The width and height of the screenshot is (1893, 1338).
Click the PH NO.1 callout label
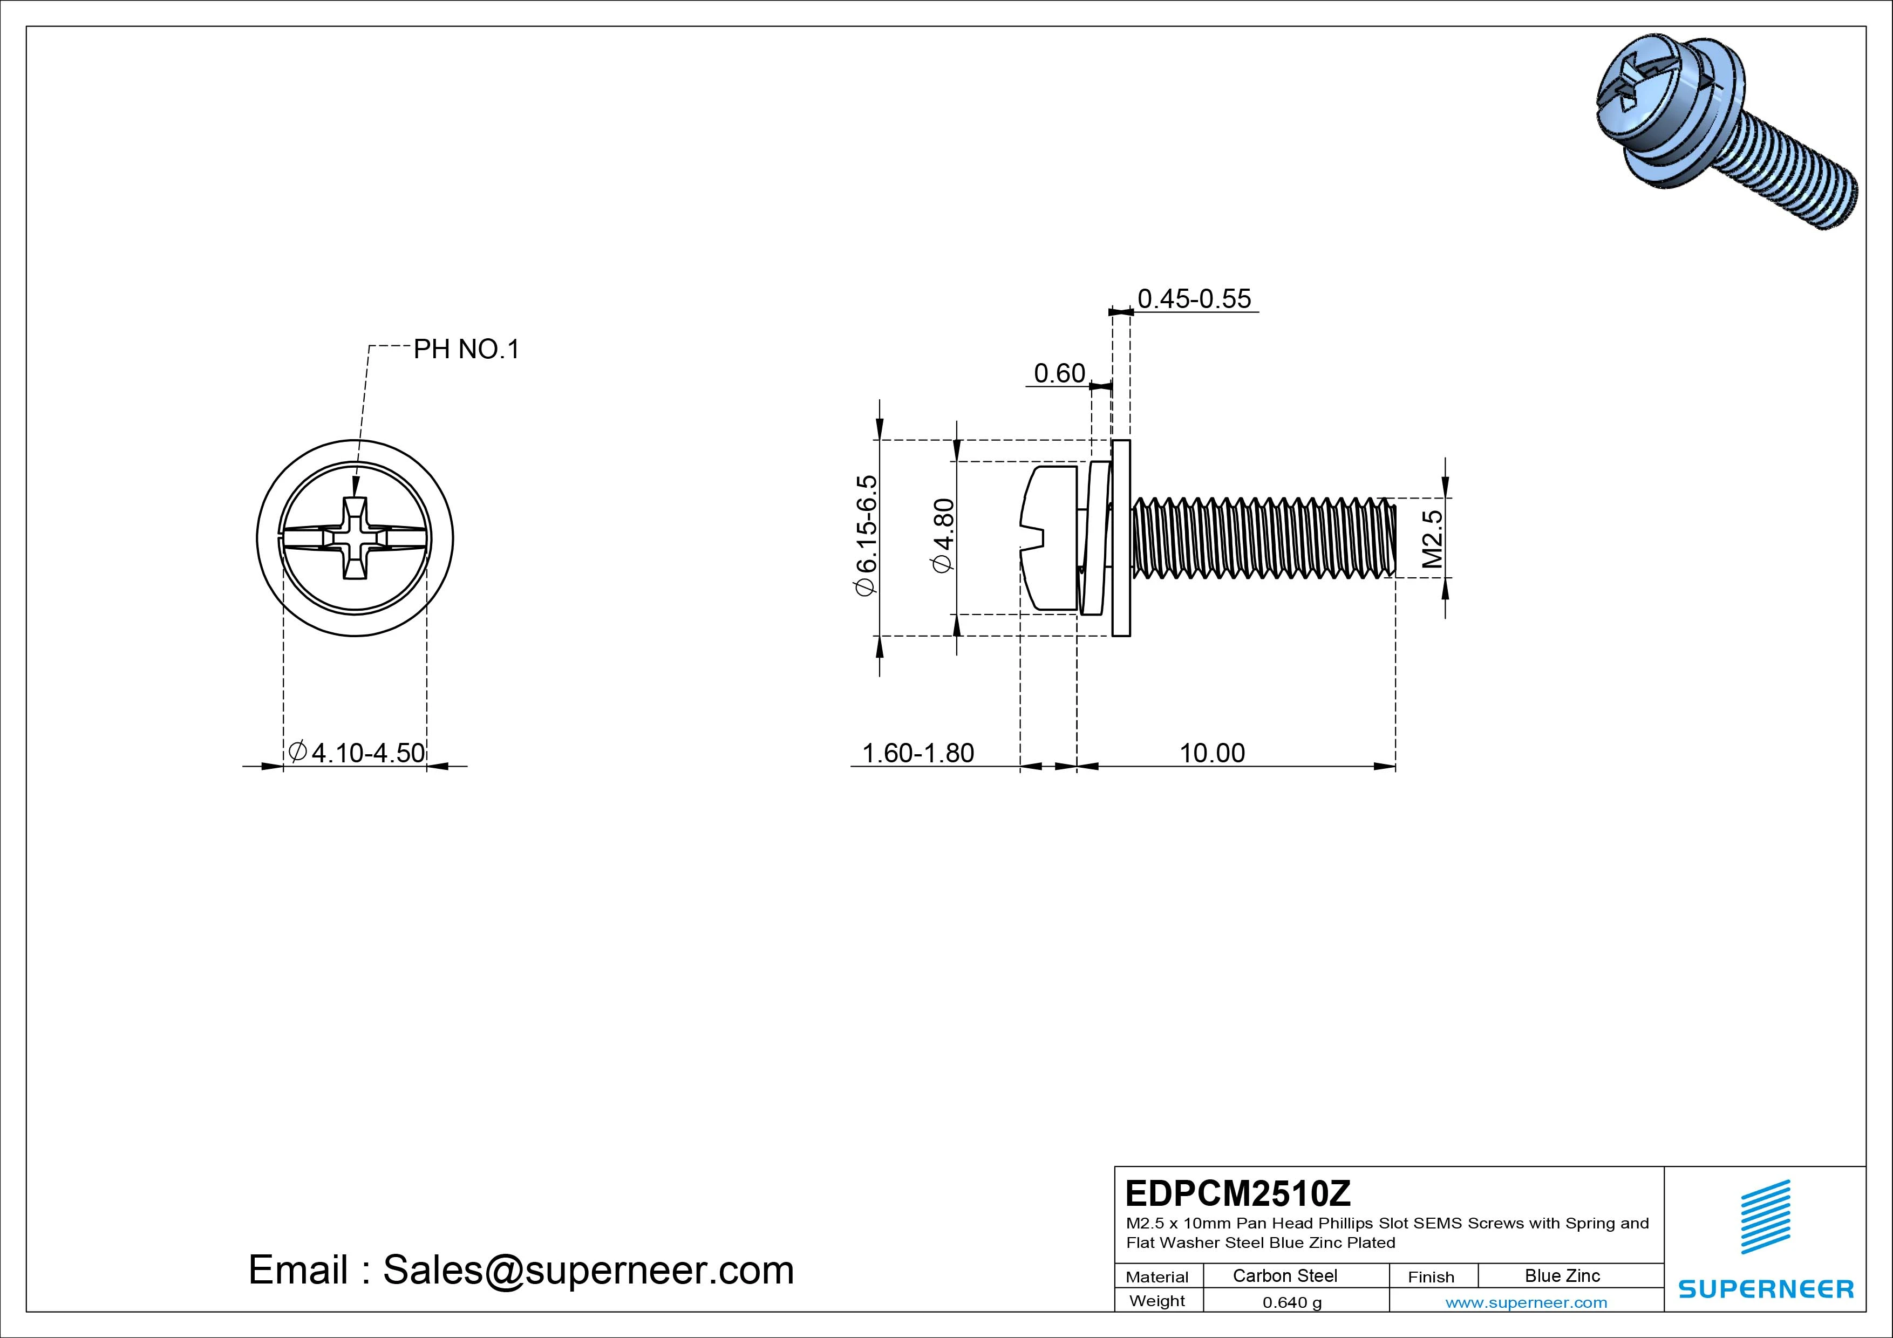[466, 350]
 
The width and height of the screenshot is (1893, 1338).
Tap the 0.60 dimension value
[1059, 373]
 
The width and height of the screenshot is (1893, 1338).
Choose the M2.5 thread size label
[1433, 538]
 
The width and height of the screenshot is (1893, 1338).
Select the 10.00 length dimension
[1212, 753]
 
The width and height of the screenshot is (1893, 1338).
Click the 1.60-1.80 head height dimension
[918, 753]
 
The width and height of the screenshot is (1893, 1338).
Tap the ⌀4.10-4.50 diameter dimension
[357, 752]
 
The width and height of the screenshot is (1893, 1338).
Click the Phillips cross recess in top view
[355, 538]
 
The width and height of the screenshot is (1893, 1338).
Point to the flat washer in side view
[1120, 538]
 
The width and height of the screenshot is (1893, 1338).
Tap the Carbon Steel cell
[1284, 1275]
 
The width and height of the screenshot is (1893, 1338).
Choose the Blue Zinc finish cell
[1562, 1275]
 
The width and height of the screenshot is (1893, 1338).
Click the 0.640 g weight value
[1292, 1302]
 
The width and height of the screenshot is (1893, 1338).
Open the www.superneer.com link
[1526, 1302]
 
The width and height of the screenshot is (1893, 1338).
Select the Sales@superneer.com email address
[588, 1269]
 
